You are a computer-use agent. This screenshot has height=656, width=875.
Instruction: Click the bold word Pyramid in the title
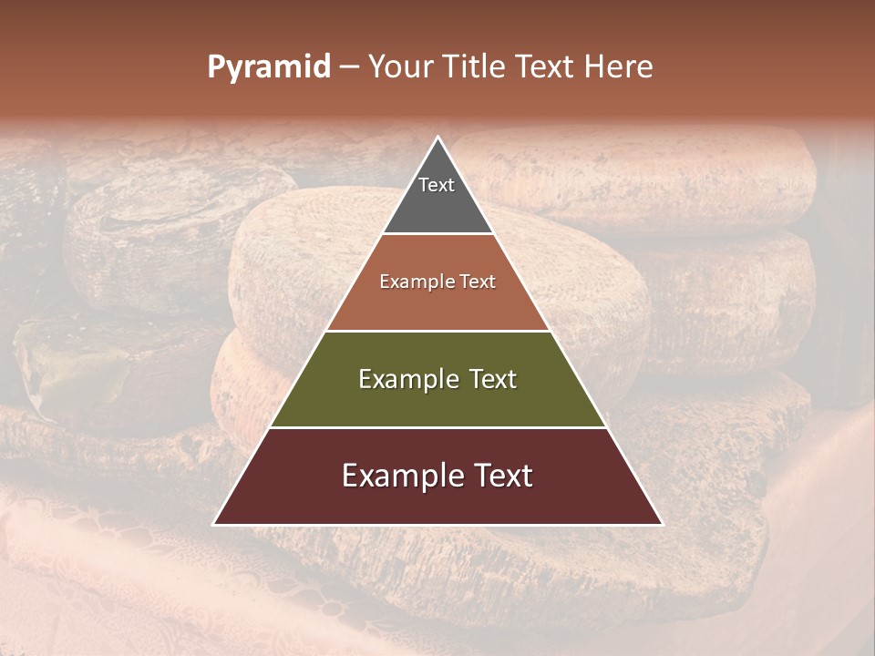click(x=269, y=67)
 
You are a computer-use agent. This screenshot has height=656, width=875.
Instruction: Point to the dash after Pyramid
click(x=349, y=67)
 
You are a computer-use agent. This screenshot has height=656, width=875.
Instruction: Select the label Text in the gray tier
click(x=437, y=185)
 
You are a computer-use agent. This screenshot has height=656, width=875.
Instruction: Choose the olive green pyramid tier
click(x=437, y=401)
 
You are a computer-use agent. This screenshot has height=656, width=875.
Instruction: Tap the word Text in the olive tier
click(x=489, y=379)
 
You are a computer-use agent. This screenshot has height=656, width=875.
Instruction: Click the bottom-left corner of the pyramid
click(x=215, y=524)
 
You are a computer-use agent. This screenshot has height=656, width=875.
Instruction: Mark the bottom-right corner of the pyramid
click(x=661, y=524)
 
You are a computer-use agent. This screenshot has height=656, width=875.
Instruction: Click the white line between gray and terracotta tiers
click(x=438, y=234)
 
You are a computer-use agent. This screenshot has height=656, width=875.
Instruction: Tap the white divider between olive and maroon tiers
click(x=438, y=427)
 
